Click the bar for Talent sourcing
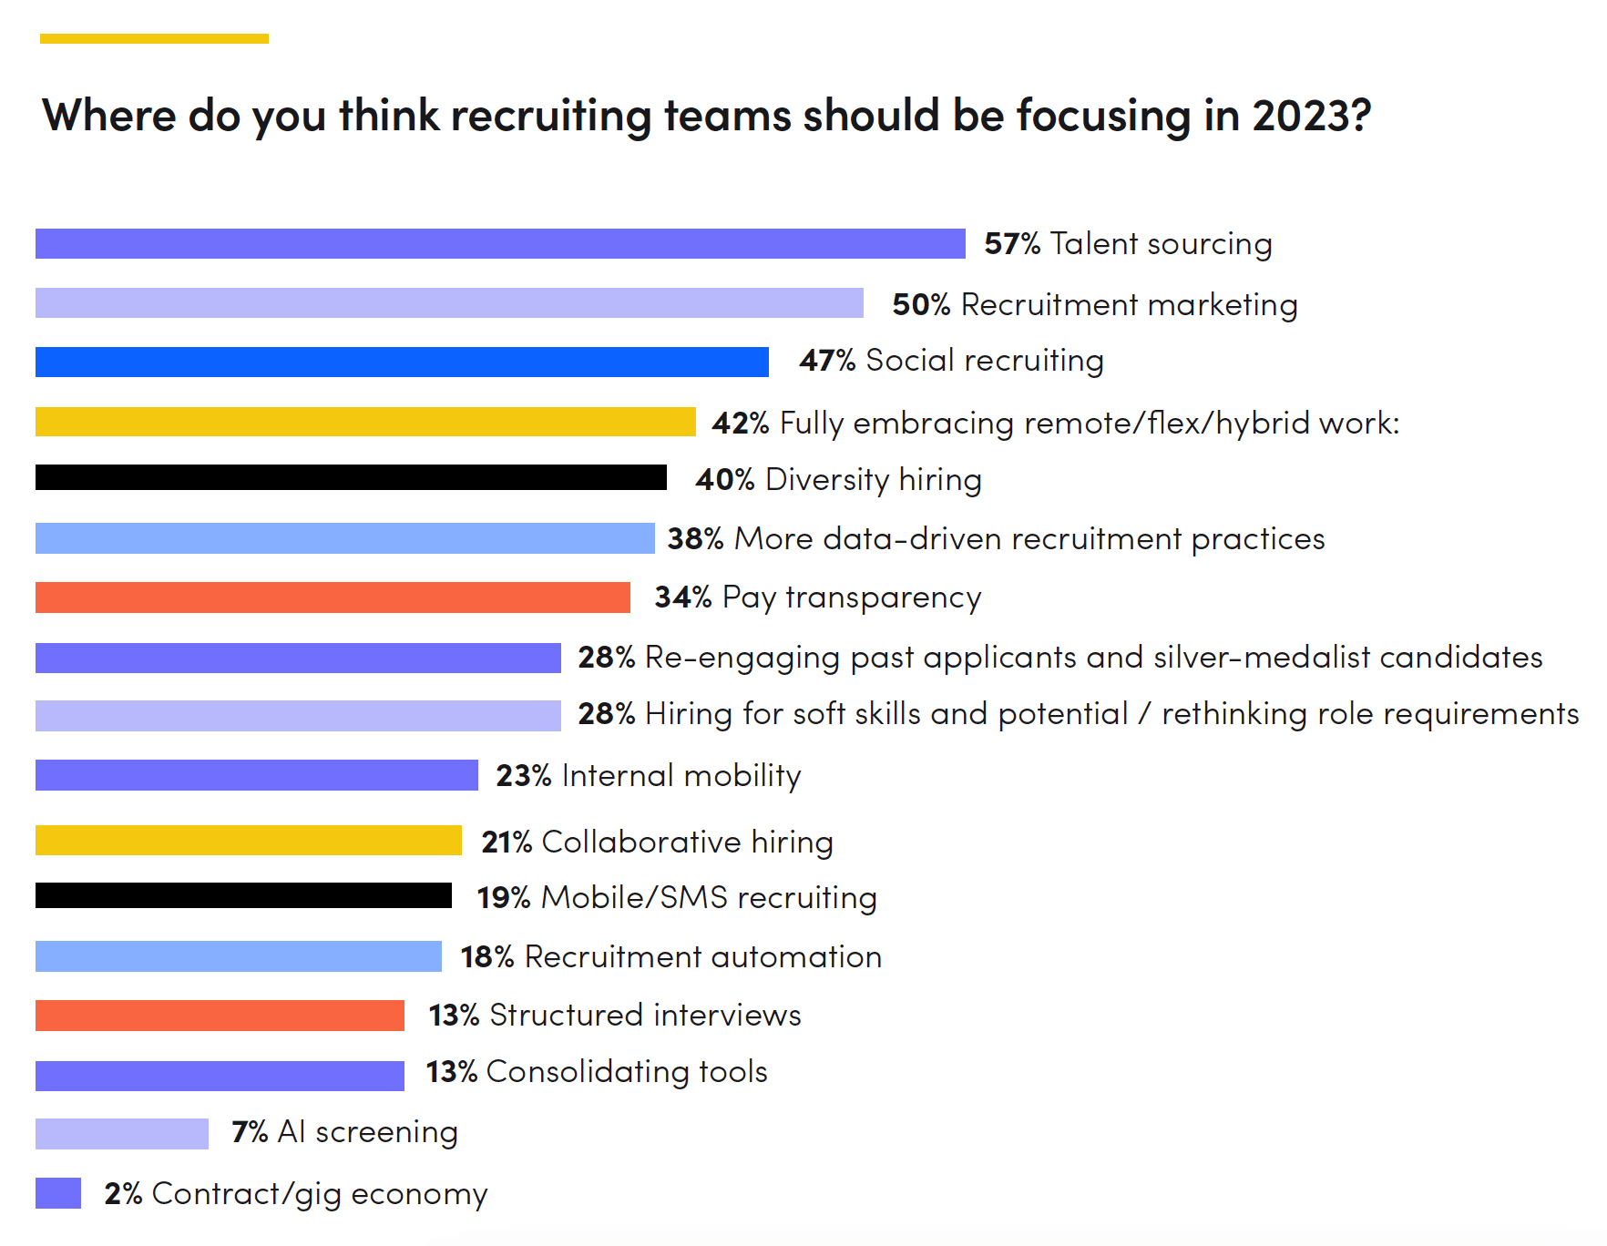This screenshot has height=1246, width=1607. click(x=500, y=243)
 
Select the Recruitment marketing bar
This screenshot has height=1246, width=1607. click(x=449, y=303)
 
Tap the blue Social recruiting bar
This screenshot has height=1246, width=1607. click(x=402, y=362)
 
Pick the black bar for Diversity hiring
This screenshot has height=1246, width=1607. click(x=351, y=477)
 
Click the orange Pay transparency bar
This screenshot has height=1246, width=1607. click(x=333, y=597)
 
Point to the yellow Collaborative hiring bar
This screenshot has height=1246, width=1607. click(x=249, y=840)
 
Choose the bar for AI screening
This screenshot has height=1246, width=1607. click(x=122, y=1134)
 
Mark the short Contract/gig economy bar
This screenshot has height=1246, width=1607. click(x=58, y=1193)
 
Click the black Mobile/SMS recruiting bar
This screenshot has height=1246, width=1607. click(x=243, y=895)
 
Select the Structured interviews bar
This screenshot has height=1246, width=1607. click(x=220, y=1016)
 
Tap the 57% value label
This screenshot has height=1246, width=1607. click(x=1012, y=244)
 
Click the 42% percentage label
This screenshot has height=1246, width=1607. click(x=741, y=424)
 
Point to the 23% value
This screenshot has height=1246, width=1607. click(x=524, y=776)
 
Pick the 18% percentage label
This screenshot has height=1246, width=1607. click(x=487, y=957)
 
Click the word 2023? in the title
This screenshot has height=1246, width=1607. click(x=1312, y=116)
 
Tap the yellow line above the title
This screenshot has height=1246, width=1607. click(x=154, y=38)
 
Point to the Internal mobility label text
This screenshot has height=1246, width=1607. click(x=681, y=776)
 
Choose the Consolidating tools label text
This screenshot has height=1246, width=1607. click(x=627, y=1072)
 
